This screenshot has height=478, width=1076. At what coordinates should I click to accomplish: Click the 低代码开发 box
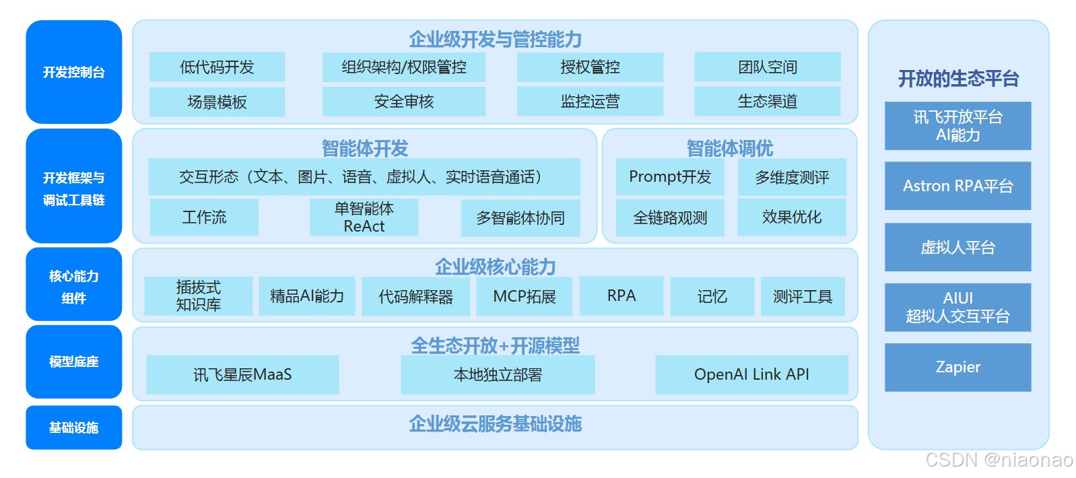pos(217,67)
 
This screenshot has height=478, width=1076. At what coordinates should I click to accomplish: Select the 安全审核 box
pos(403,102)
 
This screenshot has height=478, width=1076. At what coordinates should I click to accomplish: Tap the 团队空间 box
pos(767,67)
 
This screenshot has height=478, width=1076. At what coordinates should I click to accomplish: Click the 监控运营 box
pos(590,102)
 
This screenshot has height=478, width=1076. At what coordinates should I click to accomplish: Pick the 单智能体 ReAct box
pos(364,217)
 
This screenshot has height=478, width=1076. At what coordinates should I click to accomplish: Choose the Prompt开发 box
pos(670,177)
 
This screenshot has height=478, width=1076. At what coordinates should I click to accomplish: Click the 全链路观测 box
pos(670,217)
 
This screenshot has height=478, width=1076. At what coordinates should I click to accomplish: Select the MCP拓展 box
pos(524,296)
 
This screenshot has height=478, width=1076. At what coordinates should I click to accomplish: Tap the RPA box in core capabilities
pos(621,296)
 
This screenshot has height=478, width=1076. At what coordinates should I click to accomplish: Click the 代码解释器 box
pos(415,296)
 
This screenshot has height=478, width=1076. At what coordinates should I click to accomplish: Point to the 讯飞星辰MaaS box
pos(242,374)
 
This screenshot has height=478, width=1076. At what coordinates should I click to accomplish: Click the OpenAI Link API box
pos(751,374)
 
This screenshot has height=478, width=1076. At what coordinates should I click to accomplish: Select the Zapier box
pos(957,367)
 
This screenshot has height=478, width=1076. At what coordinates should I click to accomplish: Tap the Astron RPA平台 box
pos(957,186)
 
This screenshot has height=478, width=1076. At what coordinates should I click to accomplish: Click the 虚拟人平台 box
pos(957,247)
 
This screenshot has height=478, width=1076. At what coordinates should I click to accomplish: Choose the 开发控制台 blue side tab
pos(74,72)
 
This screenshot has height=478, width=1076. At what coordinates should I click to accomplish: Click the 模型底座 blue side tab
pos(74,362)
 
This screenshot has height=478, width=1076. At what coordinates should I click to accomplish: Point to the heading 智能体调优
pos(729,148)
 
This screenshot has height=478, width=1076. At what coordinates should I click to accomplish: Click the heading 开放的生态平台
pos(958,79)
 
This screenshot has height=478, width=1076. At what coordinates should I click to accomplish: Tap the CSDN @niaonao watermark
pos(999,460)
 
